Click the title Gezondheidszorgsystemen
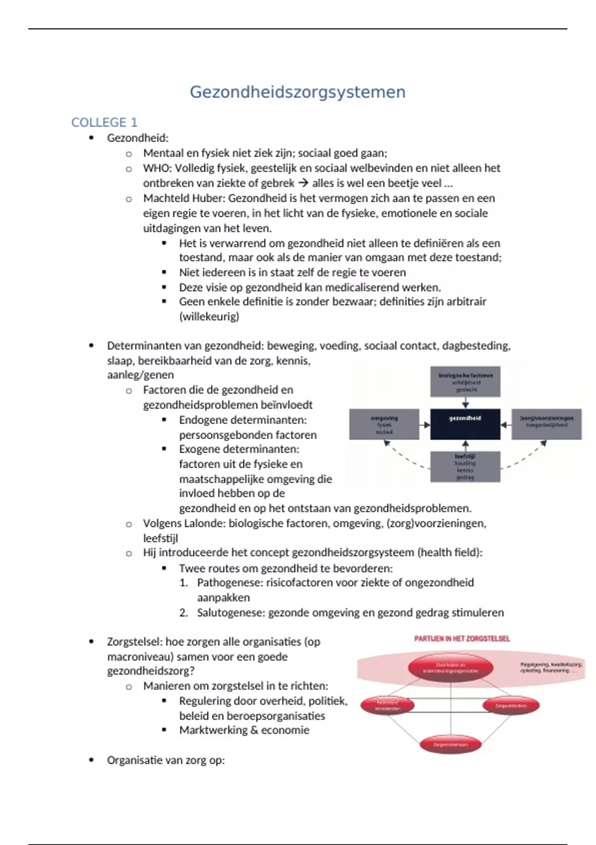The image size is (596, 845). tap(298, 92)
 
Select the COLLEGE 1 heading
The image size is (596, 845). tap(104, 122)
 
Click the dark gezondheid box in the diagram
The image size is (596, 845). tap(465, 424)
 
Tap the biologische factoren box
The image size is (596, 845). tap(465, 382)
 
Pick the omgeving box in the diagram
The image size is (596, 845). tap(384, 424)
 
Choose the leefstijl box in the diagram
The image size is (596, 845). tap(465, 466)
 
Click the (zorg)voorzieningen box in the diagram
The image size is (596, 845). tap(546, 424)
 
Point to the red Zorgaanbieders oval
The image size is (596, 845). tap(510, 705)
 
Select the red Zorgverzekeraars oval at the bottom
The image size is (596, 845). tap(450, 744)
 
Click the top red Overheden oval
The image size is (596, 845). tap(450, 668)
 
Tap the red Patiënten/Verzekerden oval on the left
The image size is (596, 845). tap(387, 705)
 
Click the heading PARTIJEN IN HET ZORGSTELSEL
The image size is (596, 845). tap(462, 639)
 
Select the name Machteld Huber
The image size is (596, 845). tap(184, 198)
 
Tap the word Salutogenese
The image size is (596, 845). tap(230, 612)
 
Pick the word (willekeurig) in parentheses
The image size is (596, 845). tap(209, 317)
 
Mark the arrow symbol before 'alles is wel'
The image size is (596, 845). tap(303, 183)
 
